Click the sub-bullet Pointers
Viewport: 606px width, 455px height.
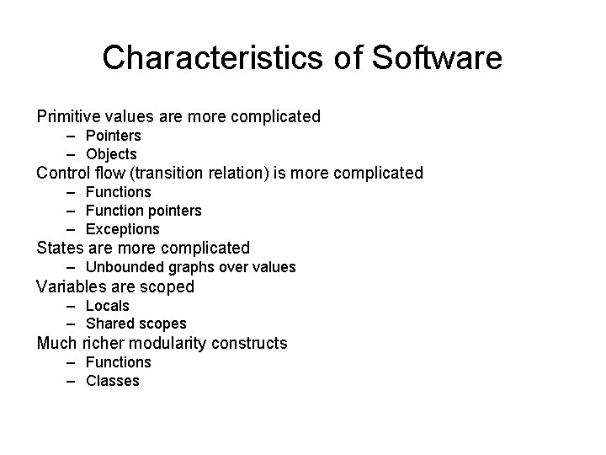[114, 136]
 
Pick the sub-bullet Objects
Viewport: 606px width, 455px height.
[111, 154]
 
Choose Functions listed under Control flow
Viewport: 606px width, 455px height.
[119, 192]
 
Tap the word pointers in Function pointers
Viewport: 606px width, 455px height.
[174, 211]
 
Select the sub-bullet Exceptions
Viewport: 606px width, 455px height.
[123, 229]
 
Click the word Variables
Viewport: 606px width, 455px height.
[71, 286]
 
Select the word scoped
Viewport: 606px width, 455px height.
[167, 287]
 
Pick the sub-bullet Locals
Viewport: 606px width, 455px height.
[108, 305]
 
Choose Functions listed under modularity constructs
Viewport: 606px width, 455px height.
[119, 362]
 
